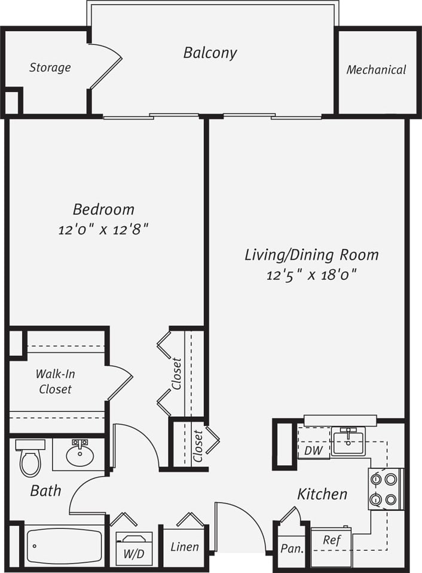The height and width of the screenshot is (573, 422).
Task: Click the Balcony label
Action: [x=210, y=53]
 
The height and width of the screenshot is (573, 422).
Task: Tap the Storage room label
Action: [x=50, y=68]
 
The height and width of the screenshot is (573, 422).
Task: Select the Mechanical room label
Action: [x=376, y=70]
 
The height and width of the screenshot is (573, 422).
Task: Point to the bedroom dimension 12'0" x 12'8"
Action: [x=103, y=230]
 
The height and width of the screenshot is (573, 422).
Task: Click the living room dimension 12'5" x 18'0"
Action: [x=311, y=275]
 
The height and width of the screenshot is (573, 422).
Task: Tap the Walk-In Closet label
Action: [x=55, y=382]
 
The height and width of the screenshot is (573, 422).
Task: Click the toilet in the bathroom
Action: [x=30, y=458]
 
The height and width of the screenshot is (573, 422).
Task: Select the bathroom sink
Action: [x=79, y=455]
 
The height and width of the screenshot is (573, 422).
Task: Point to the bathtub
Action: [x=64, y=545]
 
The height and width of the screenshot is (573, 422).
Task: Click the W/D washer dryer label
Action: [x=134, y=553]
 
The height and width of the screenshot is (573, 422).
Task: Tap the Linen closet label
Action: [x=185, y=547]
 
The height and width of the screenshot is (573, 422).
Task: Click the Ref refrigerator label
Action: [x=332, y=540]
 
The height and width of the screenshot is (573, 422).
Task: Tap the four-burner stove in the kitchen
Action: [x=384, y=489]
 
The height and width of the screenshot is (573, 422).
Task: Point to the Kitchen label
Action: [x=322, y=494]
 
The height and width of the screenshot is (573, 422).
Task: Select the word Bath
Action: [x=45, y=491]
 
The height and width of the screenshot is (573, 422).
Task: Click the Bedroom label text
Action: [x=103, y=209]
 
